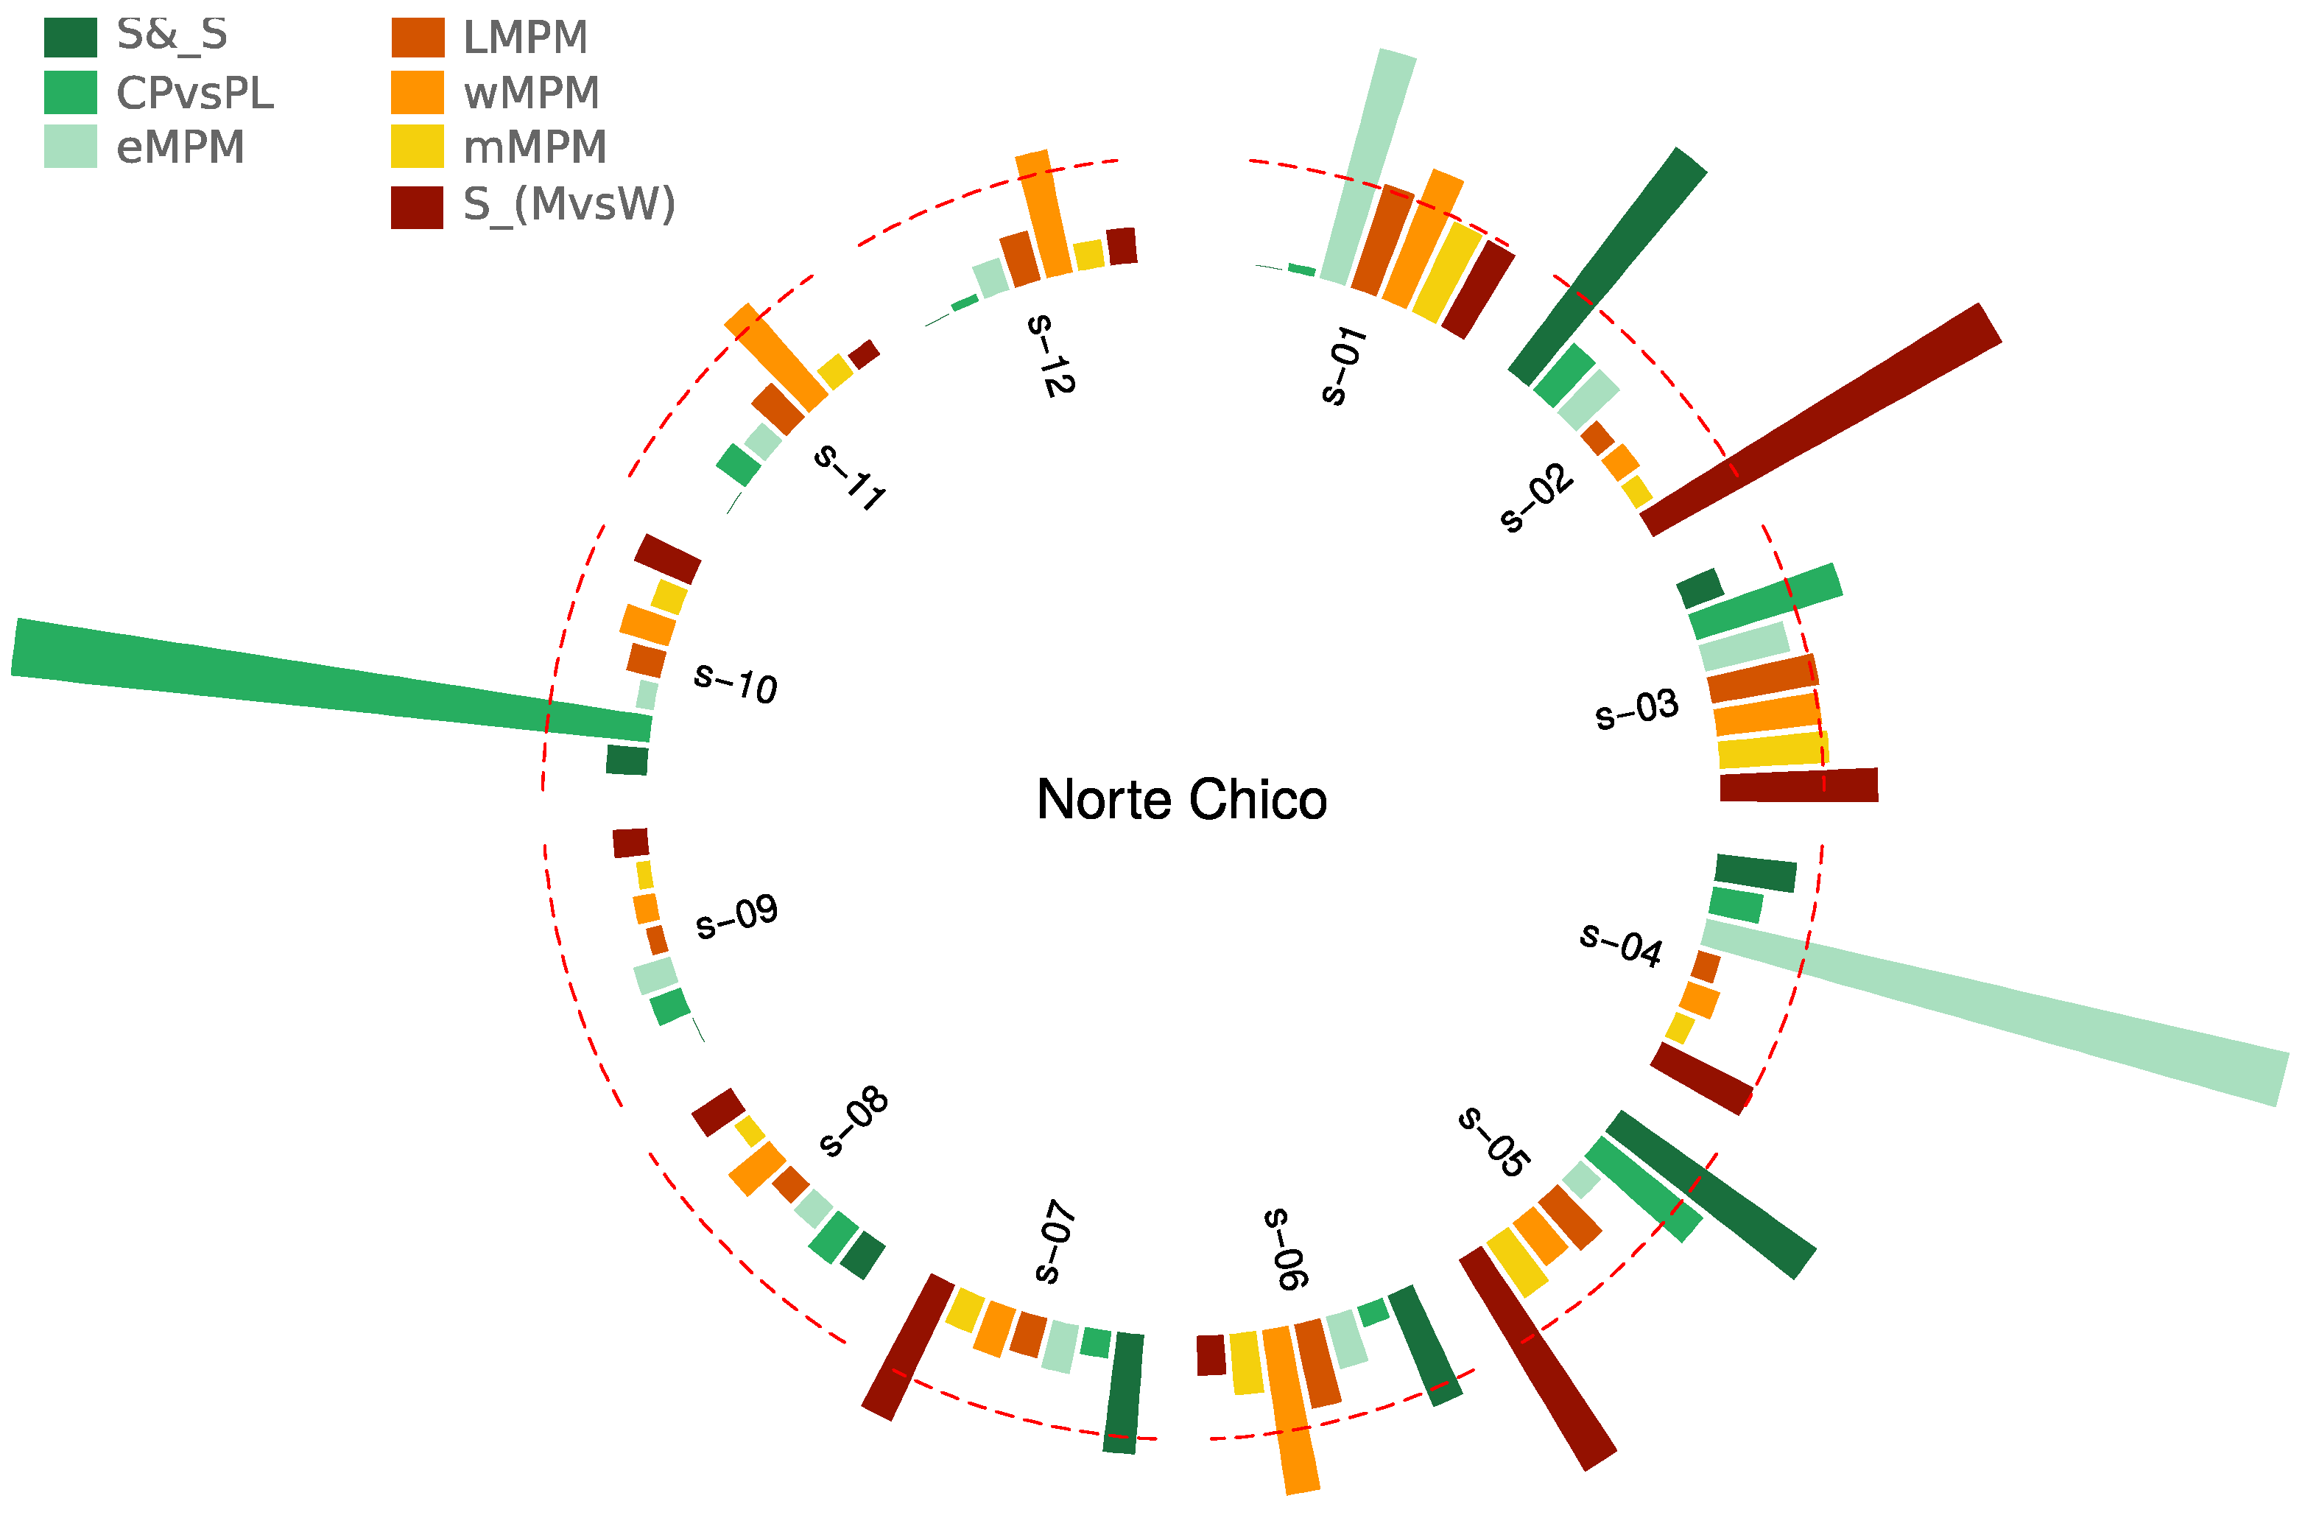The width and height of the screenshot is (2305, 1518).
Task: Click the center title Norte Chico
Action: pyautogui.click(x=1180, y=800)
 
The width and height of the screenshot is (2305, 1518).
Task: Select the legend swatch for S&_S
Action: pyautogui.click(x=70, y=38)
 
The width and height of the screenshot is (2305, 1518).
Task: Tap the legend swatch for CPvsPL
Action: pyautogui.click(x=70, y=92)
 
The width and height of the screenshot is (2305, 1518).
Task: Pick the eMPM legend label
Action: pyautogui.click(x=180, y=147)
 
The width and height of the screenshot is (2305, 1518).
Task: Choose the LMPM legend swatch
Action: pyautogui.click(x=418, y=38)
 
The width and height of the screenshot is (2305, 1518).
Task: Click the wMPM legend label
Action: pyautogui.click(x=532, y=93)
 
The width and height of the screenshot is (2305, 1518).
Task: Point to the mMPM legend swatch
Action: pyautogui.click(x=418, y=147)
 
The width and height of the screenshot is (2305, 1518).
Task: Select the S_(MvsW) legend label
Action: pyautogui.click(x=569, y=205)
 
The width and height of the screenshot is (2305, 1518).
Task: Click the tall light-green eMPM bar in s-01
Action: pyautogui.click(x=1368, y=166)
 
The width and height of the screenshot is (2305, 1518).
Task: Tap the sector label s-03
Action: pyautogui.click(x=1637, y=710)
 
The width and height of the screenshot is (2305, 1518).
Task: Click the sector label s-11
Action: pyautogui.click(x=849, y=476)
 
